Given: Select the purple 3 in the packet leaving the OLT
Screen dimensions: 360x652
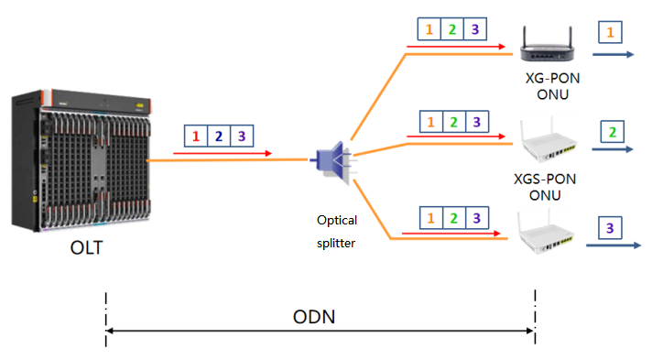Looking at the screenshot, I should pyautogui.click(x=241, y=136).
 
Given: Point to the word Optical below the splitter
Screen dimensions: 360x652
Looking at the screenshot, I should pyautogui.click(x=337, y=220).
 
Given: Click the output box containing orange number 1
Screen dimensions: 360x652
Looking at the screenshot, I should pyautogui.click(x=611, y=33).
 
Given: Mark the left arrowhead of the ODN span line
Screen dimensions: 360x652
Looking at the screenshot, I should pyautogui.click(x=111, y=331).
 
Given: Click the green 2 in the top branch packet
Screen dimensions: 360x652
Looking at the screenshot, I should pyautogui.click(x=451, y=29).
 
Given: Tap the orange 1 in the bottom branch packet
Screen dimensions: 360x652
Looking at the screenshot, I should pyautogui.click(x=429, y=219).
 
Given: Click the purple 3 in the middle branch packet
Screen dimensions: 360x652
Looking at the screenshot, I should pyautogui.click(x=473, y=121).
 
